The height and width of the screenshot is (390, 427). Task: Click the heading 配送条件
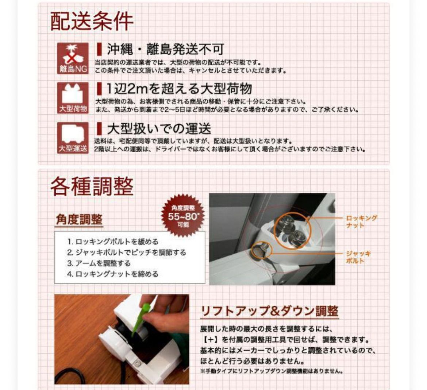click(x=92, y=22)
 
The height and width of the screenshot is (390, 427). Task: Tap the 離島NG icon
click(x=73, y=58)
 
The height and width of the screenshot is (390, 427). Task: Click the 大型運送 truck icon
click(x=73, y=138)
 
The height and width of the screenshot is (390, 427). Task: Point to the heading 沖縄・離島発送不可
click(x=165, y=49)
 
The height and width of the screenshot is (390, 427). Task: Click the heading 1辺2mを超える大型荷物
click(x=179, y=89)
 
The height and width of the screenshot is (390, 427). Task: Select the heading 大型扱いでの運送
click(x=159, y=128)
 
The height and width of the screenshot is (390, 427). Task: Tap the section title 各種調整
click(x=92, y=186)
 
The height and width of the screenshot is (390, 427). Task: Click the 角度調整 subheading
click(x=79, y=219)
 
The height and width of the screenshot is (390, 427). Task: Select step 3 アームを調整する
click(x=99, y=263)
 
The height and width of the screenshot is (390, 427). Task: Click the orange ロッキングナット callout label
click(x=361, y=221)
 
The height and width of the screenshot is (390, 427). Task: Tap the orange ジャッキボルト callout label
click(x=358, y=257)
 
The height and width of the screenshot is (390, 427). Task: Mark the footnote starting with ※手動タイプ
click(x=271, y=371)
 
